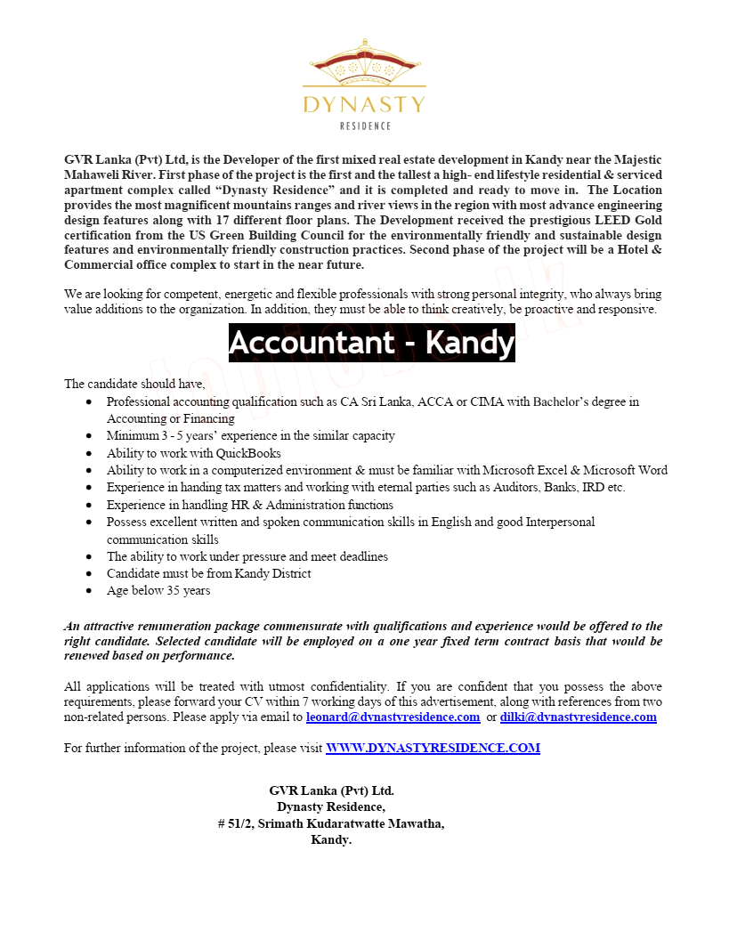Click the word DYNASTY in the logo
click(x=364, y=105)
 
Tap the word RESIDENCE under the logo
click(x=364, y=126)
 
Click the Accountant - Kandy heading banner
click(x=371, y=343)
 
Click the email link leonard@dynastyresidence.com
click(x=393, y=717)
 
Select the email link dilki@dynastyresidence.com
click(x=578, y=717)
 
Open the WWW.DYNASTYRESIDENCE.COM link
click(x=433, y=749)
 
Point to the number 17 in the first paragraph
click(x=223, y=219)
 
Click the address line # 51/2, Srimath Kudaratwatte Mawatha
click(x=330, y=823)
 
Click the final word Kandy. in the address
click(x=331, y=839)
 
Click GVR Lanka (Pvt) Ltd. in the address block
click(x=331, y=790)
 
